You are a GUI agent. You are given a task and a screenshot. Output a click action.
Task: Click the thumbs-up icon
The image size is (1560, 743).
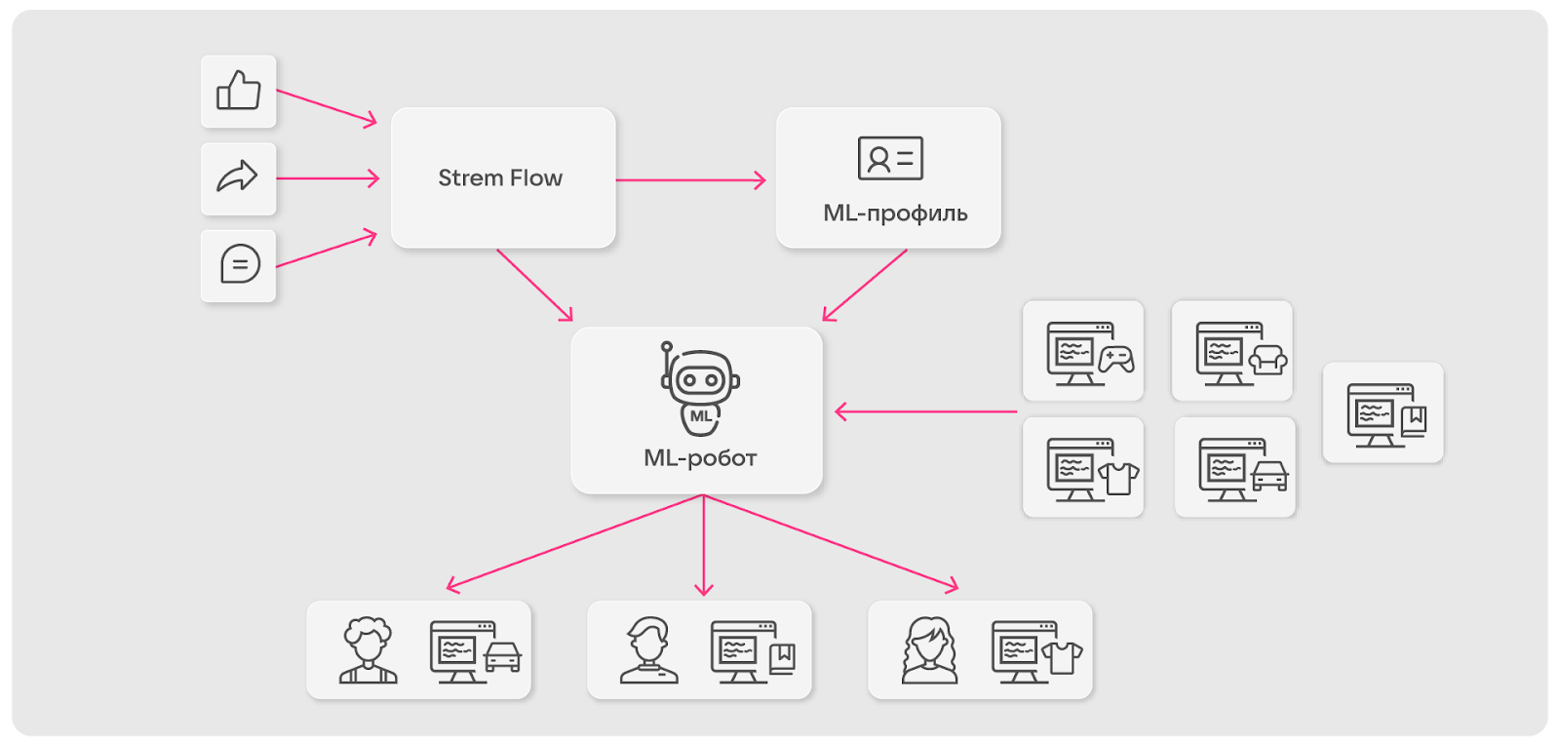[239, 91]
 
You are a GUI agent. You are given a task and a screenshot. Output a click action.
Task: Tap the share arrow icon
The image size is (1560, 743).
[238, 177]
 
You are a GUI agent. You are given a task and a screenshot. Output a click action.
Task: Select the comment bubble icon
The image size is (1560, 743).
[240, 264]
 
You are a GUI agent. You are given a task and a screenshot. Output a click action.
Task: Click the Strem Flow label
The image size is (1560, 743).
[500, 178]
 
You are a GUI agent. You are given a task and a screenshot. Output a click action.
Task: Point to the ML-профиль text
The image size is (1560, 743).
[895, 214]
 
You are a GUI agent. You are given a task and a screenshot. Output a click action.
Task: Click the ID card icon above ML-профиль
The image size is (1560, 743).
[890, 158]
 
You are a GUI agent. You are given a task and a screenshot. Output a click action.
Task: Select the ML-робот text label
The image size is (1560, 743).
[700, 458]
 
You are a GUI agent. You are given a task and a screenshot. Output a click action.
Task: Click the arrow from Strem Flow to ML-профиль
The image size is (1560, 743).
[690, 180]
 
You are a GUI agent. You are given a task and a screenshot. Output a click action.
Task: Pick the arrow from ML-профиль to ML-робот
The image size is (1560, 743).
[865, 285]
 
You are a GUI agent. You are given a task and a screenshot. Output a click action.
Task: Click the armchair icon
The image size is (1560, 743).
[1267, 361]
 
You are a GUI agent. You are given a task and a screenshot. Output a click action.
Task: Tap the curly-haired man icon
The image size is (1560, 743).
[368, 649]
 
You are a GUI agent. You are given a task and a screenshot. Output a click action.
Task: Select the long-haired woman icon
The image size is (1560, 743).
[929, 650]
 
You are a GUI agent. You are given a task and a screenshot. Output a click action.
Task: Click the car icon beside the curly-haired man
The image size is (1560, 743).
[503, 657]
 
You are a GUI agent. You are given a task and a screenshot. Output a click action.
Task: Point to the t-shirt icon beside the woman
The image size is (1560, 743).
[1062, 657]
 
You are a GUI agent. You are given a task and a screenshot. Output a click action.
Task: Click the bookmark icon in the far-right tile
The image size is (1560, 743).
[1415, 420]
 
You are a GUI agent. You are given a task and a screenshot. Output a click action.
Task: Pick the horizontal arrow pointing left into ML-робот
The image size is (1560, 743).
[926, 412]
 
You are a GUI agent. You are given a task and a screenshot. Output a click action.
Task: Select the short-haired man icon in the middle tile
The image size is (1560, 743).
[648, 650]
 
